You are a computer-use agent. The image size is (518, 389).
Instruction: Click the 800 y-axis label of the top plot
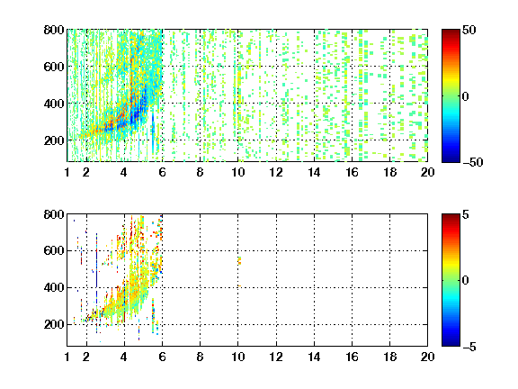(x=54, y=30)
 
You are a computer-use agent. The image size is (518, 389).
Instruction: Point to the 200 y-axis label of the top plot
(x=54, y=140)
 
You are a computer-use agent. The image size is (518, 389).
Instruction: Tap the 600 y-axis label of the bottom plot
(x=54, y=250)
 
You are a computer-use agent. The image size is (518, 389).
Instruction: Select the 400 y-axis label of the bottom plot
(x=54, y=287)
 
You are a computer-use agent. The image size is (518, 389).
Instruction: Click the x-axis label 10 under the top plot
(x=237, y=172)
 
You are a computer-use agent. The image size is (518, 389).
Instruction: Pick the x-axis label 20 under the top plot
(x=427, y=172)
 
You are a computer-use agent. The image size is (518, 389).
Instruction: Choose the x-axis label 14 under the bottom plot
(x=314, y=357)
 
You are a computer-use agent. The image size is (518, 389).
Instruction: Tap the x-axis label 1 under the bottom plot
(x=67, y=357)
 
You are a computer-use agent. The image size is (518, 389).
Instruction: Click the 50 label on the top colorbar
(x=469, y=30)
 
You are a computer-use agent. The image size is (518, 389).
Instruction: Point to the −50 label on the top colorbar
(x=473, y=162)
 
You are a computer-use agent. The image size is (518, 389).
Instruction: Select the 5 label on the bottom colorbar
(x=466, y=214)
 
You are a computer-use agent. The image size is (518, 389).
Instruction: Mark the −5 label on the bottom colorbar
(x=469, y=347)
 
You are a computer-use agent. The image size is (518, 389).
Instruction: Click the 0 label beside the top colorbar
(x=466, y=96)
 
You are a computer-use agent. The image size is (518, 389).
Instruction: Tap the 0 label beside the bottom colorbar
(x=466, y=281)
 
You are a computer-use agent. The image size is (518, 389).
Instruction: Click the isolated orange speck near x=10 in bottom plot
(x=239, y=260)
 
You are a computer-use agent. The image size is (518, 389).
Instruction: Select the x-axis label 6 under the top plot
(x=162, y=172)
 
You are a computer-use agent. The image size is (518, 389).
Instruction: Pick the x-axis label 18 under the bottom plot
(x=389, y=357)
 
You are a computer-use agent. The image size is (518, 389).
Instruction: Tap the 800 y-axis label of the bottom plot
(x=54, y=214)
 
